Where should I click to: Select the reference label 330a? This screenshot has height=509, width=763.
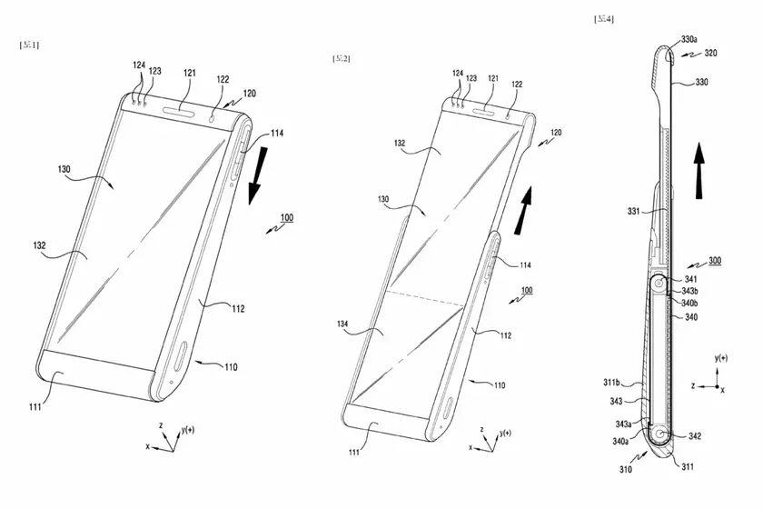pyautogui.click(x=689, y=39)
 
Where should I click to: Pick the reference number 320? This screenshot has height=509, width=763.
pyautogui.click(x=710, y=54)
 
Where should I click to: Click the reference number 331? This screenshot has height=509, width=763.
pyautogui.click(x=635, y=212)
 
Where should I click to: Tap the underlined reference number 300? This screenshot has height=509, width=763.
pyautogui.click(x=716, y=261)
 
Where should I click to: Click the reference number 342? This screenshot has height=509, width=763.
pyautogui.click(x=694, y=437)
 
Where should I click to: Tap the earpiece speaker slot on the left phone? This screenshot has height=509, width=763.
pyautogui.click(x=183, y=114)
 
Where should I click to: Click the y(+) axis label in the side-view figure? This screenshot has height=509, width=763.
pyautogui.click(x=723, y=358)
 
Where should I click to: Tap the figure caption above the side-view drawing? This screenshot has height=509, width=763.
pyautogui.click(x=603, y=17)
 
